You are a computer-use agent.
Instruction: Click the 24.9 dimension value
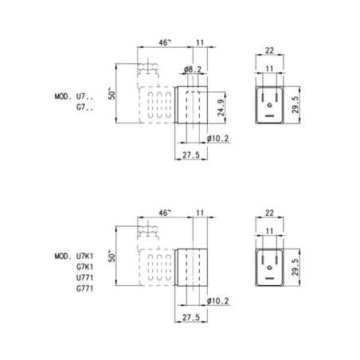click(x=221, y=108)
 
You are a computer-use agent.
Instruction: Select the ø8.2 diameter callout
click(x=193, y=69)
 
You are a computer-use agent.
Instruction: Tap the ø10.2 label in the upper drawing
click(x=217, y=139)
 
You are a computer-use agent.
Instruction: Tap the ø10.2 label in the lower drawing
click(x=217, y=301)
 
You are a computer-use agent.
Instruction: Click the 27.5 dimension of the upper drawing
click(x=191, y=155)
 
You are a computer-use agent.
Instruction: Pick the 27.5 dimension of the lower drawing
click(x=191, y=317)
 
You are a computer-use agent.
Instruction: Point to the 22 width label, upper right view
click(x=269, y=50)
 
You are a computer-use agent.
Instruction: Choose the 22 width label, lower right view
click(x=269, y=213)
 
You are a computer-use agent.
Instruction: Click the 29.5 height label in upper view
click(x=295, y=105)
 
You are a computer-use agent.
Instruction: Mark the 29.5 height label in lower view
click(x=295, y=268)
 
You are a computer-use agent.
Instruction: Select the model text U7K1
click(x=85, y=256)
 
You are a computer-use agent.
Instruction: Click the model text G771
click(x=85, y=288)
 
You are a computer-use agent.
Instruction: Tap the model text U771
click(x=85, y=278)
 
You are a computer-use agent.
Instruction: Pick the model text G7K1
click(x=85, y=267)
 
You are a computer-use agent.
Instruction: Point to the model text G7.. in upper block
click(x=85, y=108)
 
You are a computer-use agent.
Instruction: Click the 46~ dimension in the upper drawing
click(x=165, y=42)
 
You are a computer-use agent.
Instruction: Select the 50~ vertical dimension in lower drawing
click(x=112, y=256)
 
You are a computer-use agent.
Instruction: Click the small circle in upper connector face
click(x=270, y=105)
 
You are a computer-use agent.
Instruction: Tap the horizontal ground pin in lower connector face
click(x=270, y=278)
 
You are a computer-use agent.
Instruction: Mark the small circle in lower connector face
click(x=270, y=268)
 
